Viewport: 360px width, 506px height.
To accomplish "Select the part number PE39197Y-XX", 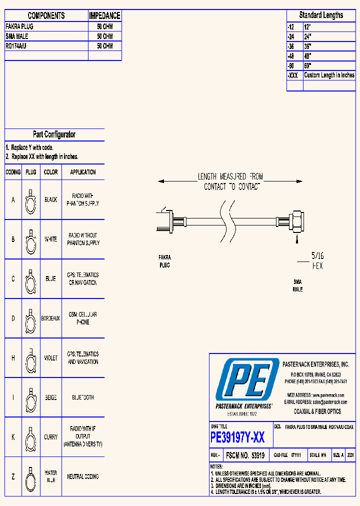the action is click(x=237, y=438).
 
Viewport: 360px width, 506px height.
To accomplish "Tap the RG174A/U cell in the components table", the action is click(x=17, y=46).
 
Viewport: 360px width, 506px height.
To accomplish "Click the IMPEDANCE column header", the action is click(x=104, y=15).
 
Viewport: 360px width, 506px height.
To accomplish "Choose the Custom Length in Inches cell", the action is click(x=329, y=75).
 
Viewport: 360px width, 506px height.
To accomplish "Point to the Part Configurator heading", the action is click(x=54, y=134).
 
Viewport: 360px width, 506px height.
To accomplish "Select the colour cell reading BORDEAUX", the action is click(x=50, y=318).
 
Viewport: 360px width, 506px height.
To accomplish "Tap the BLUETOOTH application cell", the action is click(x=83, y=397).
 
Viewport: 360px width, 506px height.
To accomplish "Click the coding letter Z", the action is click(x=13, y=477).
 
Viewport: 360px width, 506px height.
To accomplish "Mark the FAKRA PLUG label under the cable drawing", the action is click(x=164, y=261).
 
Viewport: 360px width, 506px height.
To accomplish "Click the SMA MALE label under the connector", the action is click(x=297, y=285).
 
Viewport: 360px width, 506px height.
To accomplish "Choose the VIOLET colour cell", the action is click(x=50, y=358).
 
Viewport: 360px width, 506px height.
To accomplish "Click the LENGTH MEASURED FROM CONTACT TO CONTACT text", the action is click(x=230, y=181).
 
